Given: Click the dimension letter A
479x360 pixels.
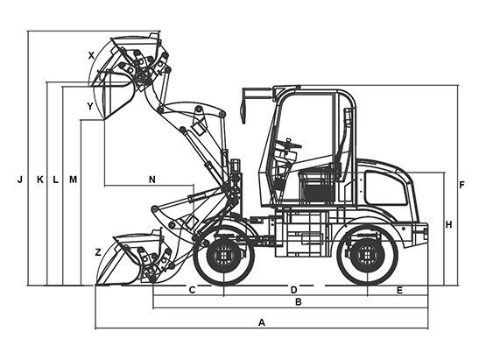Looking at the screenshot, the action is point(262,322).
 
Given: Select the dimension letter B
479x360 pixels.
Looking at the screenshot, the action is point(299,302).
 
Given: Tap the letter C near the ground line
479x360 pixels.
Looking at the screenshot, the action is point(192,290).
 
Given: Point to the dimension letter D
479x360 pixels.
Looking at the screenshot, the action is point(293,290).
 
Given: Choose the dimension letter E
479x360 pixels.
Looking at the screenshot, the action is point(399,290).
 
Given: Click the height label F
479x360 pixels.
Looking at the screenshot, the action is point(461,185).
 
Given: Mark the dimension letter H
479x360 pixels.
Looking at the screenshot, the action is point(448,225).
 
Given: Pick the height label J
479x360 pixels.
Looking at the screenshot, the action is point(20,180).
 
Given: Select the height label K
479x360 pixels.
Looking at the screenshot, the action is point(40,180).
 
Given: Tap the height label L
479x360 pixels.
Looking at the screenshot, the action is point(55,180).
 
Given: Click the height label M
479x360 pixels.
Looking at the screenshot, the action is point(73,180).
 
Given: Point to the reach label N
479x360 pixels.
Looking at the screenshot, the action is point(152,180).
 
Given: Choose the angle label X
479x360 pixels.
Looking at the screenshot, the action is point(91,55).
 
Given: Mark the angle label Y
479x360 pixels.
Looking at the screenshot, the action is point(90,106).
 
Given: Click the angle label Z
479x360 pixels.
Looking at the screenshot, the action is point(98,252).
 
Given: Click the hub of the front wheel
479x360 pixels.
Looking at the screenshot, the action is point(224,255).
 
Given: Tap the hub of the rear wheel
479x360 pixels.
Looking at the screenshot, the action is point(368,255).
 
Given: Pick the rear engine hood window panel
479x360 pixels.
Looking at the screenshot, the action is point(386,187).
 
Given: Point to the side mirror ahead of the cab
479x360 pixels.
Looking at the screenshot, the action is point(243,106).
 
